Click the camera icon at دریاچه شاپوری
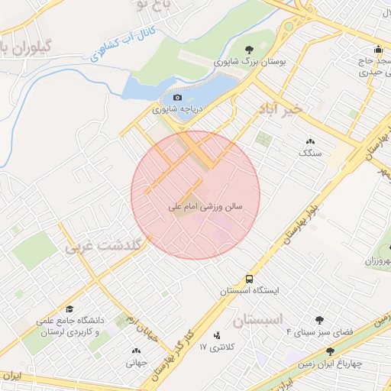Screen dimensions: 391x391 178,98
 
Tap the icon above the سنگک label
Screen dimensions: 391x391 311,141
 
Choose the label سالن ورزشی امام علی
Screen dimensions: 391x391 205,206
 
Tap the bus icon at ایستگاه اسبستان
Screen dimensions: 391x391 250,280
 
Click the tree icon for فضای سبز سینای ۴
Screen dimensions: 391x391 319,320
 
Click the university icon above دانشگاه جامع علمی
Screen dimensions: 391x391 69,309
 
